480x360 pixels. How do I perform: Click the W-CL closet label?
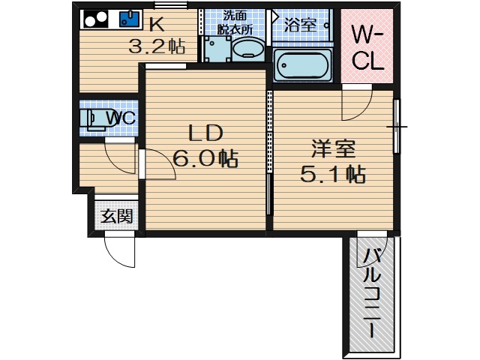(367, 47)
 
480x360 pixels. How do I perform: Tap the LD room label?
(205, 134)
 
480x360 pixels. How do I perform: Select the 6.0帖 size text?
(205, 159)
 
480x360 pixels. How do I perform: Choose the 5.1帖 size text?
(332, 175)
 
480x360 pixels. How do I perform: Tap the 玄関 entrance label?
(118, 217)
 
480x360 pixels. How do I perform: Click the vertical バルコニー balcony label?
(373, 292)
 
